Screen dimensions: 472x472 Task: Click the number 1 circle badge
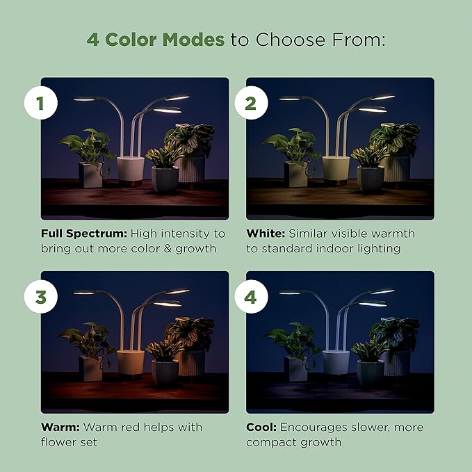click(x=40, y=104)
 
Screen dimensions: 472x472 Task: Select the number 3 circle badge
click(x=40, y=298)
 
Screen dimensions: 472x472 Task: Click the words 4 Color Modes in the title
click(x=156, y=39)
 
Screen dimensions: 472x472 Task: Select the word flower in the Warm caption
click(x=60, y=442)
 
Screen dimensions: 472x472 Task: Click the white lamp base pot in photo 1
click(x=130, y=170)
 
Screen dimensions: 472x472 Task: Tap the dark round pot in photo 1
click(x=165, y=179)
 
